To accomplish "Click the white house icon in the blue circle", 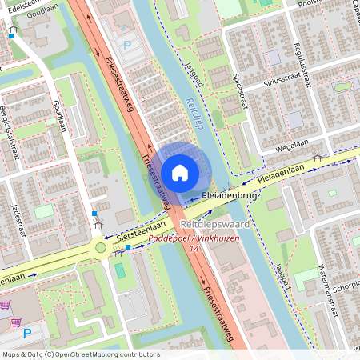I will click(x=180, y=172).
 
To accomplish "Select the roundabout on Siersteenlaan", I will click(x=100, y=248).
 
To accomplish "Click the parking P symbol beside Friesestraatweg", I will click(x=126, y=46).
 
